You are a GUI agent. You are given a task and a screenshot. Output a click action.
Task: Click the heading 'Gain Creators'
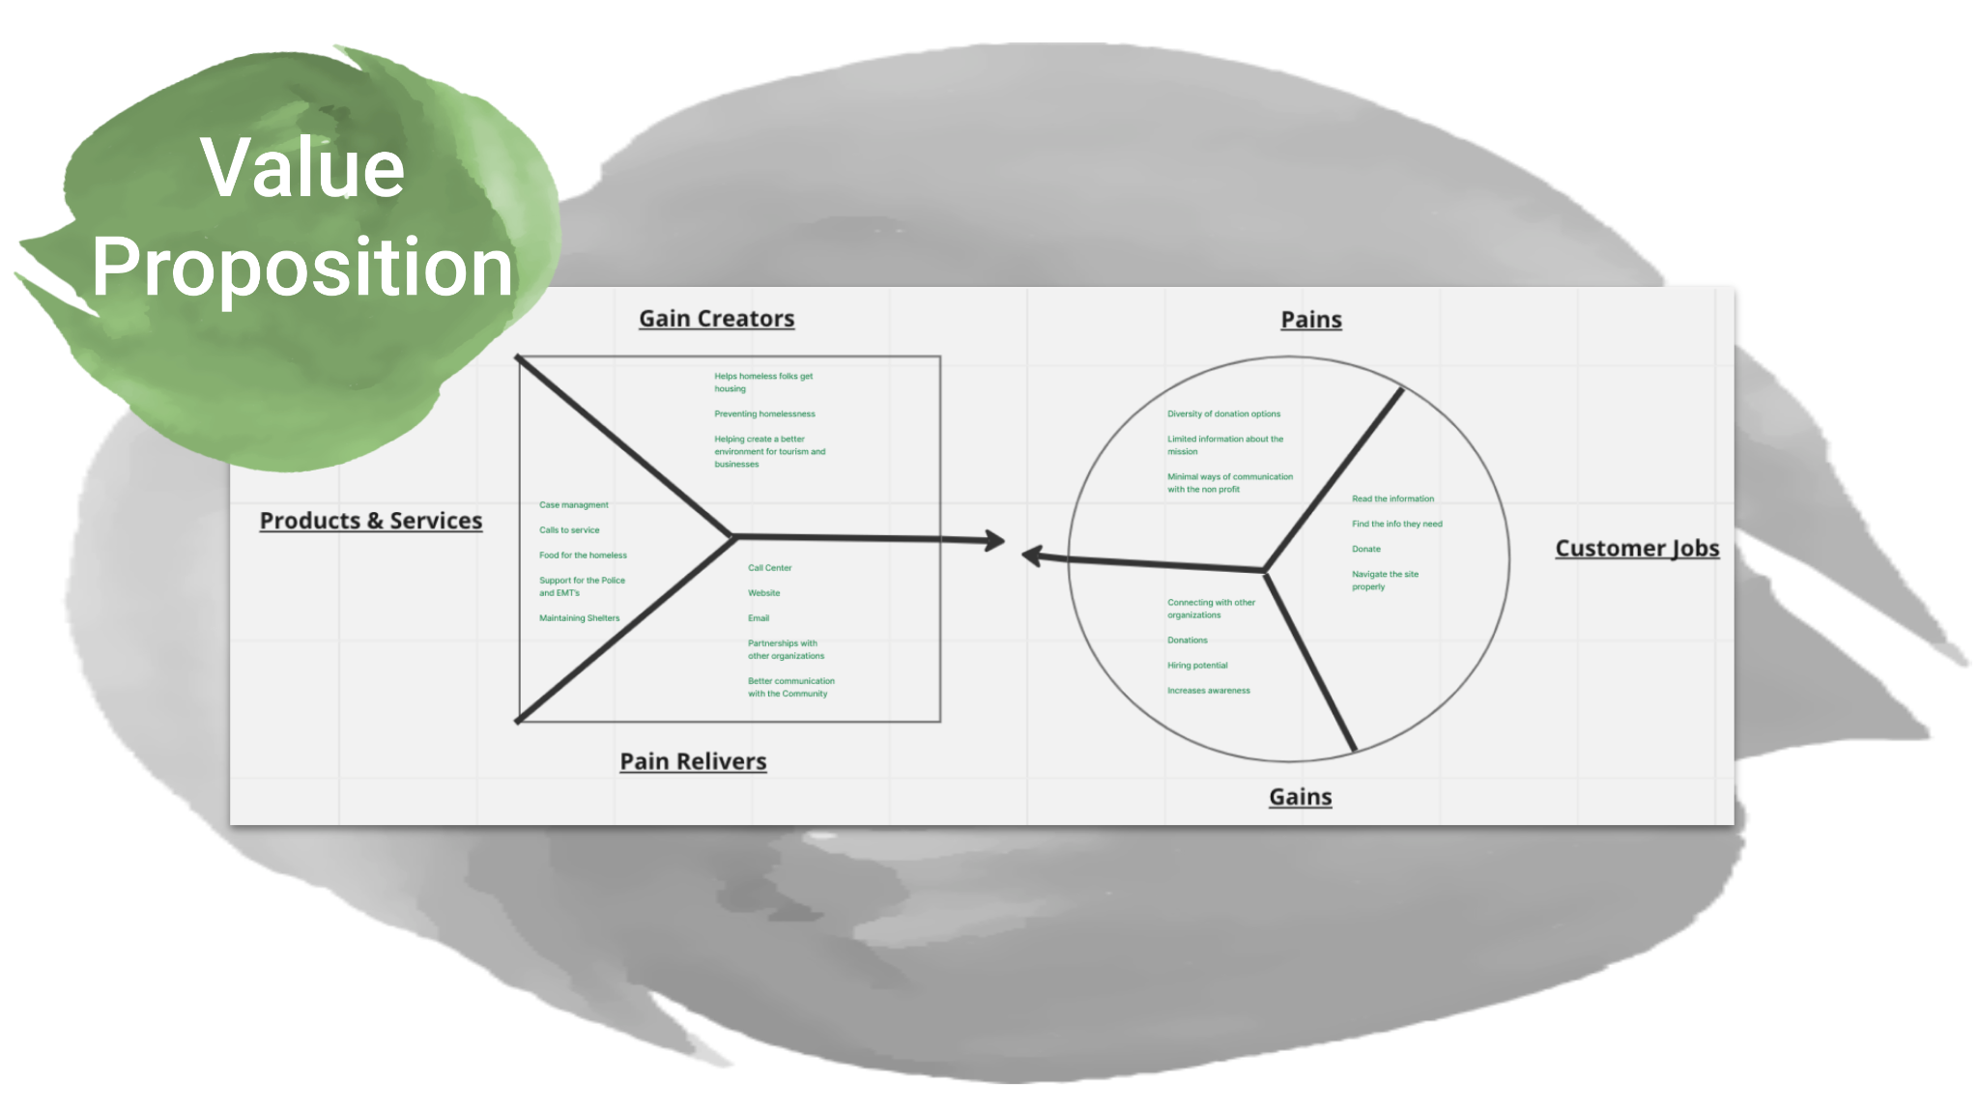tap(716, 319)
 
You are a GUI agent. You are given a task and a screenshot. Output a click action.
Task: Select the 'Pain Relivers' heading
tap(693, 761)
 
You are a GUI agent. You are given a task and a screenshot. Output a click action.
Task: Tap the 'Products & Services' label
tap(371, 521)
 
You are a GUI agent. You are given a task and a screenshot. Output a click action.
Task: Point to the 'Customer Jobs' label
tap(1637, 549)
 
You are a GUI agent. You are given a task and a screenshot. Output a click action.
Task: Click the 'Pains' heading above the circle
tap(1310, 320)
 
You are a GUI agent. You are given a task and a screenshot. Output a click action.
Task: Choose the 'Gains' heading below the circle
tap(1300, 797)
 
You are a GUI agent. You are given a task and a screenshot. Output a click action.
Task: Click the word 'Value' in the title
tap(302, 168)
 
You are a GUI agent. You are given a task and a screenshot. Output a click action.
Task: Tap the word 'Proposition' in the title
tap(302, 268)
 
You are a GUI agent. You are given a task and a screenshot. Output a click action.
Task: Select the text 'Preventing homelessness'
tap(764, 414)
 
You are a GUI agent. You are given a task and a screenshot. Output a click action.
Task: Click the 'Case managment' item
tap(574, 505)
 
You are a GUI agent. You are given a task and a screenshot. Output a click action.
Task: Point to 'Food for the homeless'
tap(583, 555)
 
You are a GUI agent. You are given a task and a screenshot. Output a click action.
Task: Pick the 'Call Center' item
tap(769, 568)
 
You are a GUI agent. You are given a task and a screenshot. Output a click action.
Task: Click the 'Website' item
tap(763, 593)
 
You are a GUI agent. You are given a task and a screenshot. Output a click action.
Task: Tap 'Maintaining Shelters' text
tap(579, 618)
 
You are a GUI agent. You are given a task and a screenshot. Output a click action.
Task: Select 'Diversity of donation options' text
tap(1223, 414)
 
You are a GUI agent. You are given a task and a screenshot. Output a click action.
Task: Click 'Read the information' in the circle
tap(1392, 499)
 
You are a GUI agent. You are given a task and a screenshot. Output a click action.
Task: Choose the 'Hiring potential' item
tap(1197, 666)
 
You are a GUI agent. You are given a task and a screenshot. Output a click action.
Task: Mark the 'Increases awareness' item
tap(1208, 691)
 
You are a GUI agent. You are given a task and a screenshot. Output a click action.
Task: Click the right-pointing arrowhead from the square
tap(995, 540)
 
